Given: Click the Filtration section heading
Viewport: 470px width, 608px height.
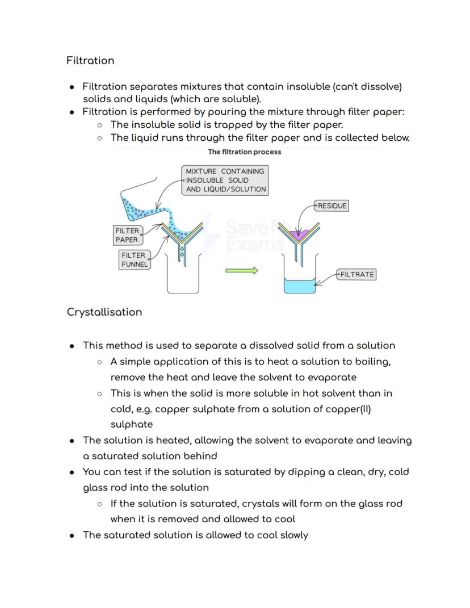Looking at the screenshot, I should tap(90, 61).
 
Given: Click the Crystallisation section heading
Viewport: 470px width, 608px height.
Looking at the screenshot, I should tap(104, 312).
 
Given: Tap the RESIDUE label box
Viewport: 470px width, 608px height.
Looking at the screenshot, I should tap(332, 206).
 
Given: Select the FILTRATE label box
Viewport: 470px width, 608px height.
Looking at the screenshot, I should tap(357, 275).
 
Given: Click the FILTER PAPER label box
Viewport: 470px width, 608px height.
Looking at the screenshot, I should tap(127, 235).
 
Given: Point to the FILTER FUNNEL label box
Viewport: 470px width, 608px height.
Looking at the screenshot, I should tap(135, 259).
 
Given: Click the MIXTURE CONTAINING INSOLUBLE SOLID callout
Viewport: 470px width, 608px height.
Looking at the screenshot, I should tap(225, 181).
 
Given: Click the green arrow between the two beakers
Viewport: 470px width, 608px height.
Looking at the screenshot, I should tap(242, 271).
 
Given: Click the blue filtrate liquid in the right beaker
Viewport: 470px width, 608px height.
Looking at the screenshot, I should tap(300, 286).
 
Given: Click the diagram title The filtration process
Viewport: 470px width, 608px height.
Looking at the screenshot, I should tap(244, 152).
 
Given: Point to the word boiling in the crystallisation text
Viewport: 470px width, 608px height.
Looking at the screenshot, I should tap(372, 362).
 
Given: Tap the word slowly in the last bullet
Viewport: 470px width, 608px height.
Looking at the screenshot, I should tap(294, 535).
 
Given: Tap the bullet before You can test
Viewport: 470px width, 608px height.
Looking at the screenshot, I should tap(72, 472).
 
